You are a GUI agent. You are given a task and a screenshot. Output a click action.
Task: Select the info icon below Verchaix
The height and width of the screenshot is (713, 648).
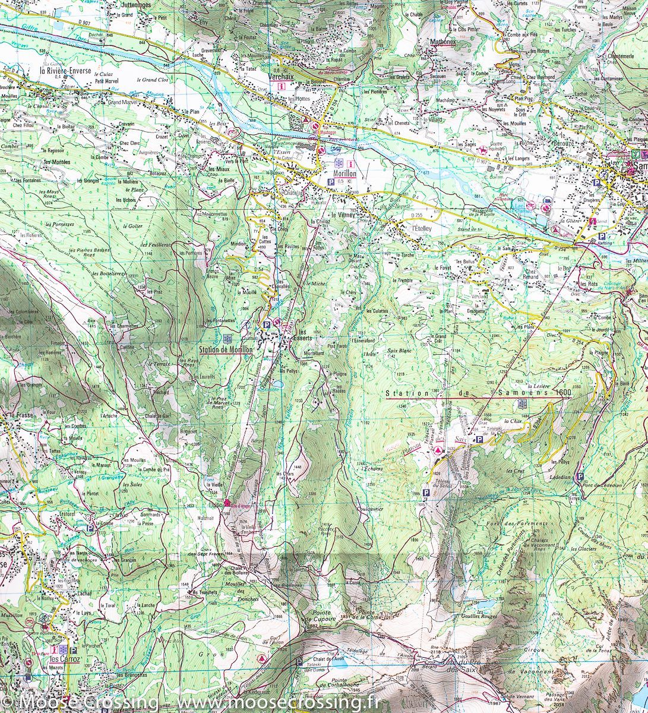tap(282, 86)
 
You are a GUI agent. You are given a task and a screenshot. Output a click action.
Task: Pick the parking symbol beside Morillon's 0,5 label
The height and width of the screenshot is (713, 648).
tap(330, 181)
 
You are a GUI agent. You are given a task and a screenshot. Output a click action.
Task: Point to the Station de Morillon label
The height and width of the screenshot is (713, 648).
tap(226, 350)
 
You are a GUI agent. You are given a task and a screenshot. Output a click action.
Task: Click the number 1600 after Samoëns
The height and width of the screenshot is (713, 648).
tap(562, 393)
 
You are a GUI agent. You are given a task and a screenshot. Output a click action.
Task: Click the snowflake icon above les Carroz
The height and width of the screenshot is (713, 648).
tap(64, 649)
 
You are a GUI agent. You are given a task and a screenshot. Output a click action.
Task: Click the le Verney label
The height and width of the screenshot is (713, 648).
tap(343, 215)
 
